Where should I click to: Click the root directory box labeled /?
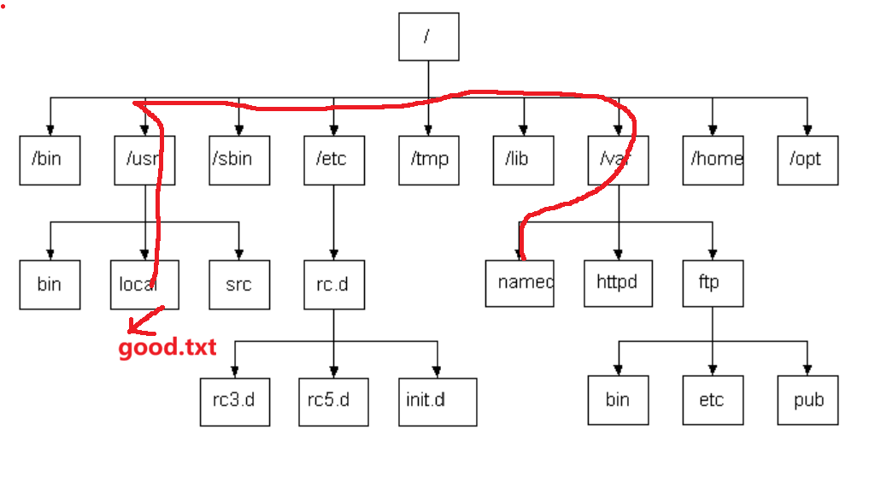tap(428, 37)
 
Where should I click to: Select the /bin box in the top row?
tap(50, 160)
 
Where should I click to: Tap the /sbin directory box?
tap(238, 160)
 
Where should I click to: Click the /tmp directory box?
tap(428, 160)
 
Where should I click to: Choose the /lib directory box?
tap(523, 160)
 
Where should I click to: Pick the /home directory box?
tap(713, 160)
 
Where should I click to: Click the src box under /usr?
tap(238, 284)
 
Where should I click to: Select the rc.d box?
tap(333, 284)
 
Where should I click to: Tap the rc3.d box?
tap(234, 401)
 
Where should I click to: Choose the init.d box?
tap(437, 401)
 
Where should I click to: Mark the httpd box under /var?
tap(618, 283)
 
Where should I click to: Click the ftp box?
tap(713, 283)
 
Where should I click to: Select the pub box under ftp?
tap(808, 400)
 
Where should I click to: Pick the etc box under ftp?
tap(713, 400)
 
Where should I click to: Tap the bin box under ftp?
tap(618, 400)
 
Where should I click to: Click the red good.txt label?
tap(167, 348)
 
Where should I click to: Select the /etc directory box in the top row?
tap(333, 160)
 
